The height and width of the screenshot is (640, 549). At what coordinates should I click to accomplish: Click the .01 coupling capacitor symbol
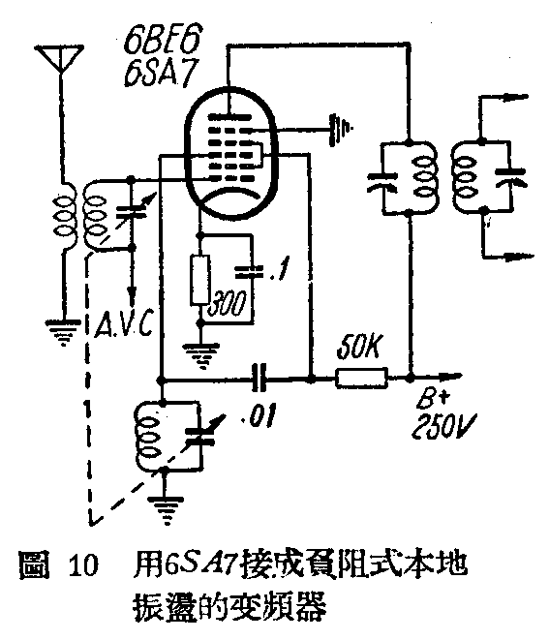click(x=259, y=379)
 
